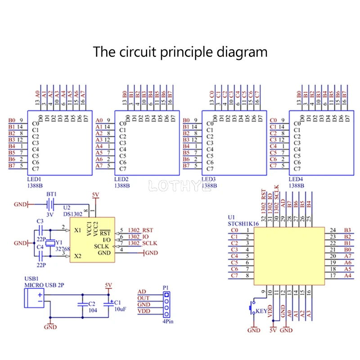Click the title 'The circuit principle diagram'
(180, 52)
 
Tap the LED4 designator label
(296, 179)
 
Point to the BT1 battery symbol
(51, 205)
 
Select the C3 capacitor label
(40, 221)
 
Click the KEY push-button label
(261, 311)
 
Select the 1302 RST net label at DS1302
(140, 230)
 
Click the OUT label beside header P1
(144, 298)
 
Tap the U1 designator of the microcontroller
(231, 217)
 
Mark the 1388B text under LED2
(122, 185)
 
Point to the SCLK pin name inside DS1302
(102, 246)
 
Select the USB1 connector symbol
(33, 298)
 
